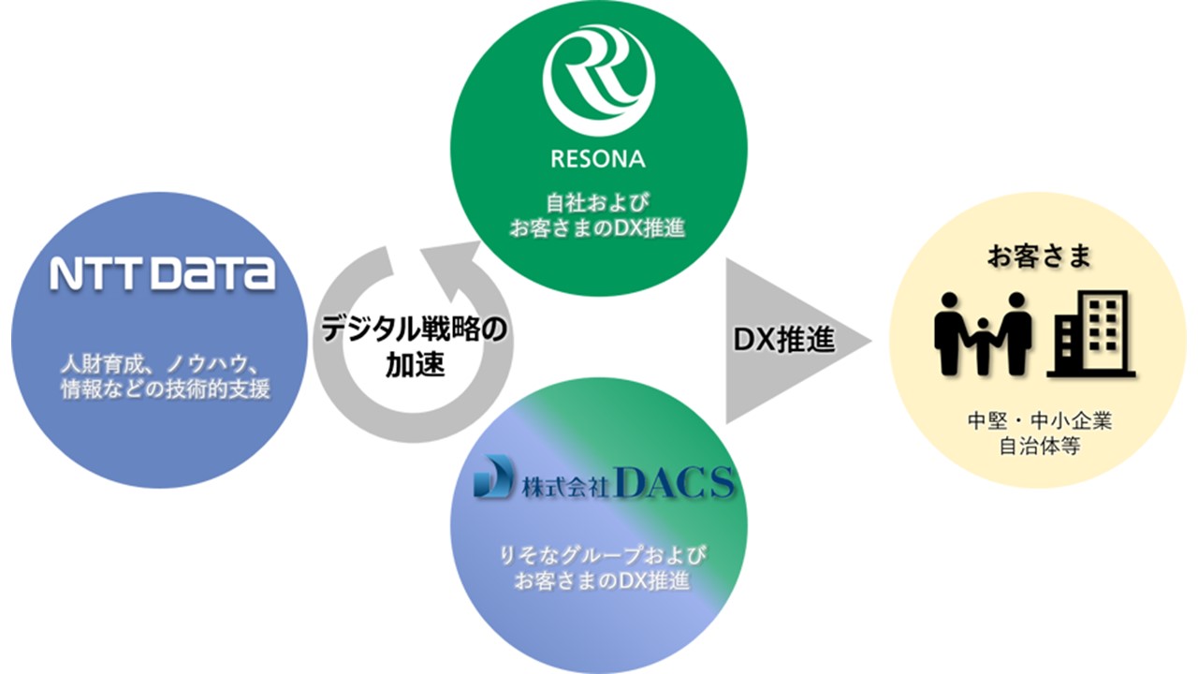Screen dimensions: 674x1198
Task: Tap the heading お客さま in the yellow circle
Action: pyautogui.click(x=1039, y=257)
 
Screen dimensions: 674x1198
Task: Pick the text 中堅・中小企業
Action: pyautogui.click(x=1039, y=422)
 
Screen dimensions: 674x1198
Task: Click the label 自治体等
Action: pyautogui.click(x=1039, y=447)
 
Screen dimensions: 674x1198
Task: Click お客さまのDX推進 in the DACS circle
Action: pyautogui.click(x=601, y=581)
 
